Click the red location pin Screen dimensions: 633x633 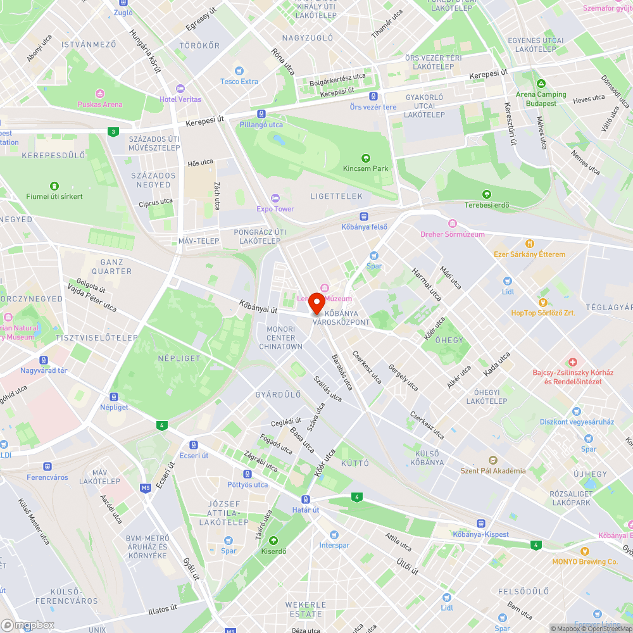click(x=316, y=303)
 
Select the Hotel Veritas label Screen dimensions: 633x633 click(x=180, y=99)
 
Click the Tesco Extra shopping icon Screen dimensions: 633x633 click(x=239, y=71)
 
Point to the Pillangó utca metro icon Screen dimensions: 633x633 click(x=262, y=115)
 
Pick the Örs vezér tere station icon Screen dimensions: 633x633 click(x=373, y=96)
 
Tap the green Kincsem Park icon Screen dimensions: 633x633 click(x=365, y=158)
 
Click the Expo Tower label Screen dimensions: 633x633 click(x=275, y=209)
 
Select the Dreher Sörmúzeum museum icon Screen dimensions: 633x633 click(x=452, y=223)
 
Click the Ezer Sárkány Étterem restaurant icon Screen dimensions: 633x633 click(x=530, y=243)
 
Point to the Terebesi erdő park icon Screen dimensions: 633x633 click(x=486, y=194)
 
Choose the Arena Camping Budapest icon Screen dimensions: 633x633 click(x=541, y=84)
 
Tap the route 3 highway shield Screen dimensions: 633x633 click(x=113, y=132)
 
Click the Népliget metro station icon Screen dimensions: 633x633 click(x=113, y=397)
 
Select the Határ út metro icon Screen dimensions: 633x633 click(x=306, y=499)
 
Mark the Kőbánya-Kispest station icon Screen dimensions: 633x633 click(x=480, y=523)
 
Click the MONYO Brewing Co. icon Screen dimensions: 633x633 click(x=584, y=551)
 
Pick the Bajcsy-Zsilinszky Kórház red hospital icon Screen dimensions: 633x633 click(x=572, y=361)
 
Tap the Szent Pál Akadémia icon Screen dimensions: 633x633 click(x=492, y=460)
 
